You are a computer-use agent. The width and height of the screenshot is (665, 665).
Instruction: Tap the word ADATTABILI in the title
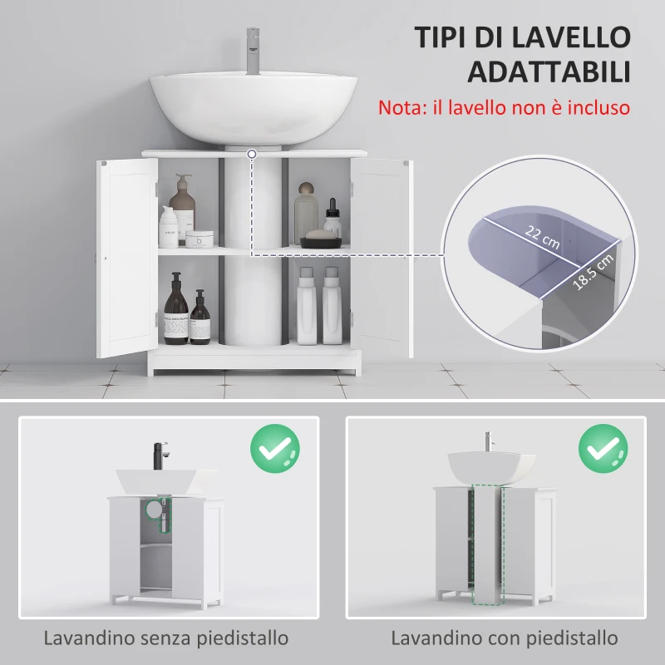coord(548,72)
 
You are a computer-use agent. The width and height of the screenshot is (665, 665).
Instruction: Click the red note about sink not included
coord(504,108)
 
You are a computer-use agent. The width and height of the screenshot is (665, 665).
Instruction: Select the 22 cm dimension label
coord(543,234)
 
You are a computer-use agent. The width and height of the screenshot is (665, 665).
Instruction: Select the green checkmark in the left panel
coord(275,448)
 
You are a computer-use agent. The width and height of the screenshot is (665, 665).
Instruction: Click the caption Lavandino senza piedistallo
coord(167,638)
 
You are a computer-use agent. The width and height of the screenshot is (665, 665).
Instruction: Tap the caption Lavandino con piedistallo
coord(505,638)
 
